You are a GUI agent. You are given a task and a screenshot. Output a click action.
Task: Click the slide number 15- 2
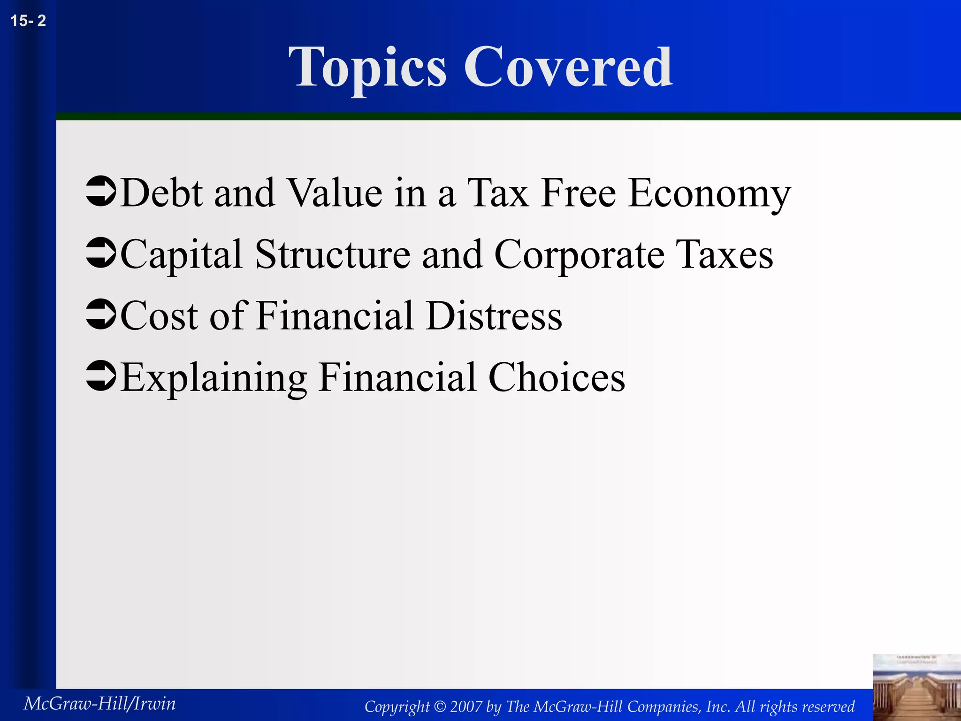pyautogui.click(x=28, y=21)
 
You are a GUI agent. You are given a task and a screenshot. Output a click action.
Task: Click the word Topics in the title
pyautogui.click(x=367, y=68)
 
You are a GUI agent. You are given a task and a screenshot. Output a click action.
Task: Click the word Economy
pyautogui.click(x=709, y=193)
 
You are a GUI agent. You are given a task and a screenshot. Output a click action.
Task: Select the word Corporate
pyautogui.click(x=580, y=255)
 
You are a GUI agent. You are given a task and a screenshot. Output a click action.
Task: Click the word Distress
pyautogui.click(x=494, y=315)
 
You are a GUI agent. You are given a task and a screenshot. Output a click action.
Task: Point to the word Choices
pyautogui.click(x=557, y=377)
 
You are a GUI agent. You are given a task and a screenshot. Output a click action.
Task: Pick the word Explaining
pyautogui.click(x=214, y=378)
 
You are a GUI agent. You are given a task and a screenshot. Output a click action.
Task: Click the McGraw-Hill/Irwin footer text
pyautogui.click(x=99, y=703)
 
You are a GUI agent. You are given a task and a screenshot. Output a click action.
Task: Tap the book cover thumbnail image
pyautogui.click(x=916, y=687)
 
